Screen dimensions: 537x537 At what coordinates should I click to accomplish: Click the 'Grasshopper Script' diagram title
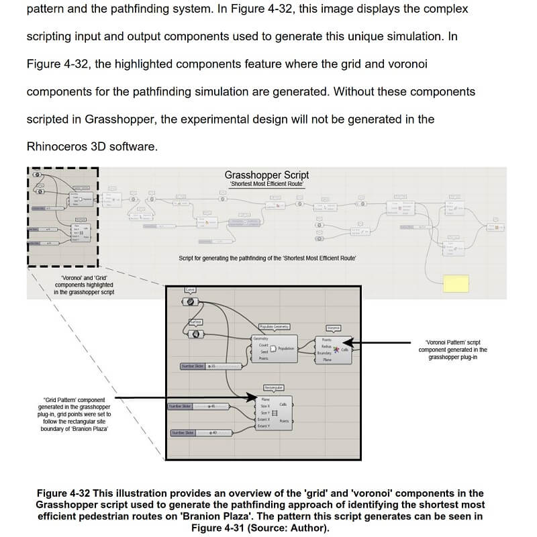[x=266, y=175]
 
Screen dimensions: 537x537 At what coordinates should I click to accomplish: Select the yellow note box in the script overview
[x=456, y=283]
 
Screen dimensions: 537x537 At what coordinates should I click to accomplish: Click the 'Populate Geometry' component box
[x=274, y=348]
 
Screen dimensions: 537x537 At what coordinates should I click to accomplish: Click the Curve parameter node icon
[x=191, y=301]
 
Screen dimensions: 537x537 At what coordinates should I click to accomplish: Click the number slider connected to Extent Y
[x=195, y=432]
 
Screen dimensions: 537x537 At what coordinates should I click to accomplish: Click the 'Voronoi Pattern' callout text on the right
[x=452, y=349]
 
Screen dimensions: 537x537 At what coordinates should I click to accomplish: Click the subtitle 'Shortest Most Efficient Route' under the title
[x=266, y=185]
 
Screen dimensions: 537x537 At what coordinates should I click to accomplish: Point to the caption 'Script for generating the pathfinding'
[x=267, y=258]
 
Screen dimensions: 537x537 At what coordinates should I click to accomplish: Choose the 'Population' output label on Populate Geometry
[x=286, y=348]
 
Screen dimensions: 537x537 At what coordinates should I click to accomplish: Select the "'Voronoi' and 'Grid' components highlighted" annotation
[x=84, y=285]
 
